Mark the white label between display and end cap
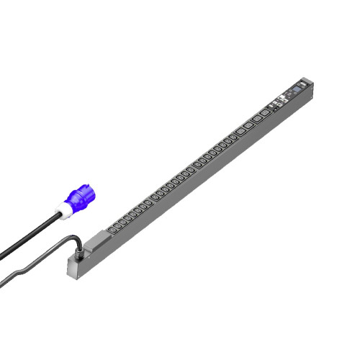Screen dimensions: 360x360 click(303, 86)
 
